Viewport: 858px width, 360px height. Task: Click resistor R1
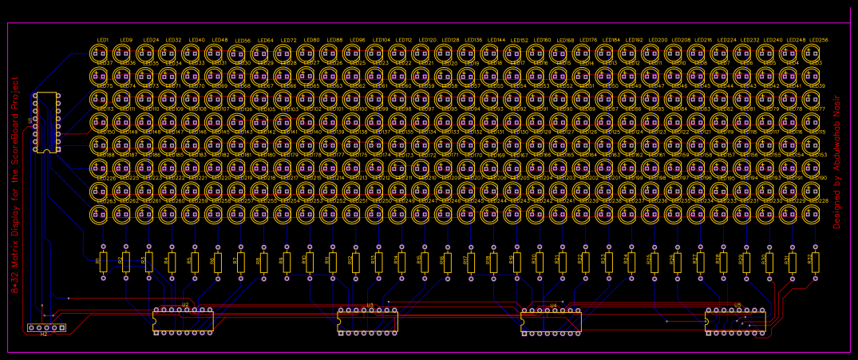103,261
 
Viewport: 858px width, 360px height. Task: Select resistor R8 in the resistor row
263,261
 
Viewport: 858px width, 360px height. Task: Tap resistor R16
448,261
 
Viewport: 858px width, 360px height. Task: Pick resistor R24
631,261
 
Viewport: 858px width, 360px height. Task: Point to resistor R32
815,261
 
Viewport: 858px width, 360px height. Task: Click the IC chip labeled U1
46,122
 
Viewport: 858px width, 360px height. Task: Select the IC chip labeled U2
184,320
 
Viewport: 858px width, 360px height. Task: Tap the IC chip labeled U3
368,320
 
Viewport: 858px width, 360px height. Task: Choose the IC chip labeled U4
552,320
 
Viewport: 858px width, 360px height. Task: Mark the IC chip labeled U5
736,320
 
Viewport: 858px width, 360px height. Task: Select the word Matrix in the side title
15,253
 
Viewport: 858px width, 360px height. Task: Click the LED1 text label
103,40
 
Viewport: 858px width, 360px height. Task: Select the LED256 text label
818,40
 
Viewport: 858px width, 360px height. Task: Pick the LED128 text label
450,40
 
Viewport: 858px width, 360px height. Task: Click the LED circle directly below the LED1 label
99,53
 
